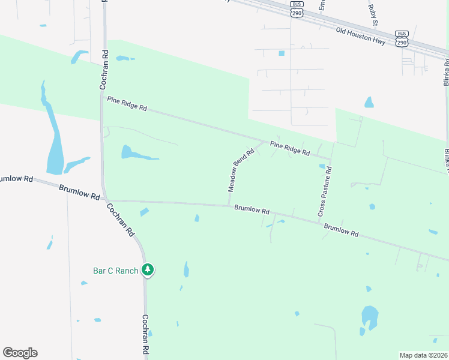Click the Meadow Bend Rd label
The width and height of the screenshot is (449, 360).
coord(241,170)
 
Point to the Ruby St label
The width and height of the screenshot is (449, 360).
coord(374,15)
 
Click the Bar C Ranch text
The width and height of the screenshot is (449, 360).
coord(116,271)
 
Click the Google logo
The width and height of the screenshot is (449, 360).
coord(20,353)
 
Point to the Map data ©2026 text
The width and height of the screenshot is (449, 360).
coord(423,355)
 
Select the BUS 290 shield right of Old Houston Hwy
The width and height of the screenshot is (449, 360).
coord(402,38)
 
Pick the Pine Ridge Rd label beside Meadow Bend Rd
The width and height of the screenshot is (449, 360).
coord(289,148)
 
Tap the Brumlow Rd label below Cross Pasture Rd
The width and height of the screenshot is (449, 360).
coord(341,230)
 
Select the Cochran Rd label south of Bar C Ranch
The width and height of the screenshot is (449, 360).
coord(145,334)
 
